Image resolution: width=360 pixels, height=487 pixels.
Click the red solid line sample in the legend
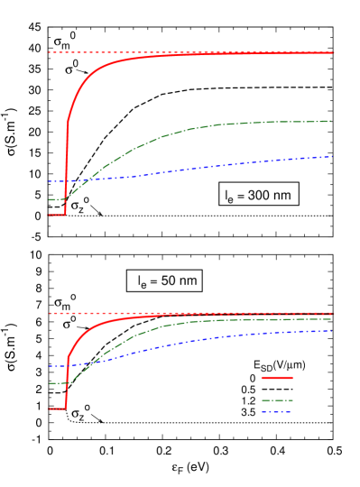(x=277, y=378)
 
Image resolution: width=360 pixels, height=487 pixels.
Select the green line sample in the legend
(x=277, y=400)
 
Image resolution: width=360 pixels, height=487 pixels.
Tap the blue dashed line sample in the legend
(x=277, y=411)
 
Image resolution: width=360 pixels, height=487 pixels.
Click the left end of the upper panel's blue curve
(x=49, y=181)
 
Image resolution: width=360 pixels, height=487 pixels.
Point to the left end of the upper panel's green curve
(x=49, y=199)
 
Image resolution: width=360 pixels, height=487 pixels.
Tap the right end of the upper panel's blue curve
(x=332, y=157)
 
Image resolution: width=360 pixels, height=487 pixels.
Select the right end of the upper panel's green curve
(x=331, y=121)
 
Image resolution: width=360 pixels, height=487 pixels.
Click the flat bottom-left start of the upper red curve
(x=51, y=215)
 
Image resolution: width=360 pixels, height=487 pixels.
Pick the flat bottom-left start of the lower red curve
(x=51, y=409)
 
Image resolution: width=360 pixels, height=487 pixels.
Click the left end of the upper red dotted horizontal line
(x=49, y=52)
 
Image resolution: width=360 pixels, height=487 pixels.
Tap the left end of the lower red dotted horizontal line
(x=50, y=313)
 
